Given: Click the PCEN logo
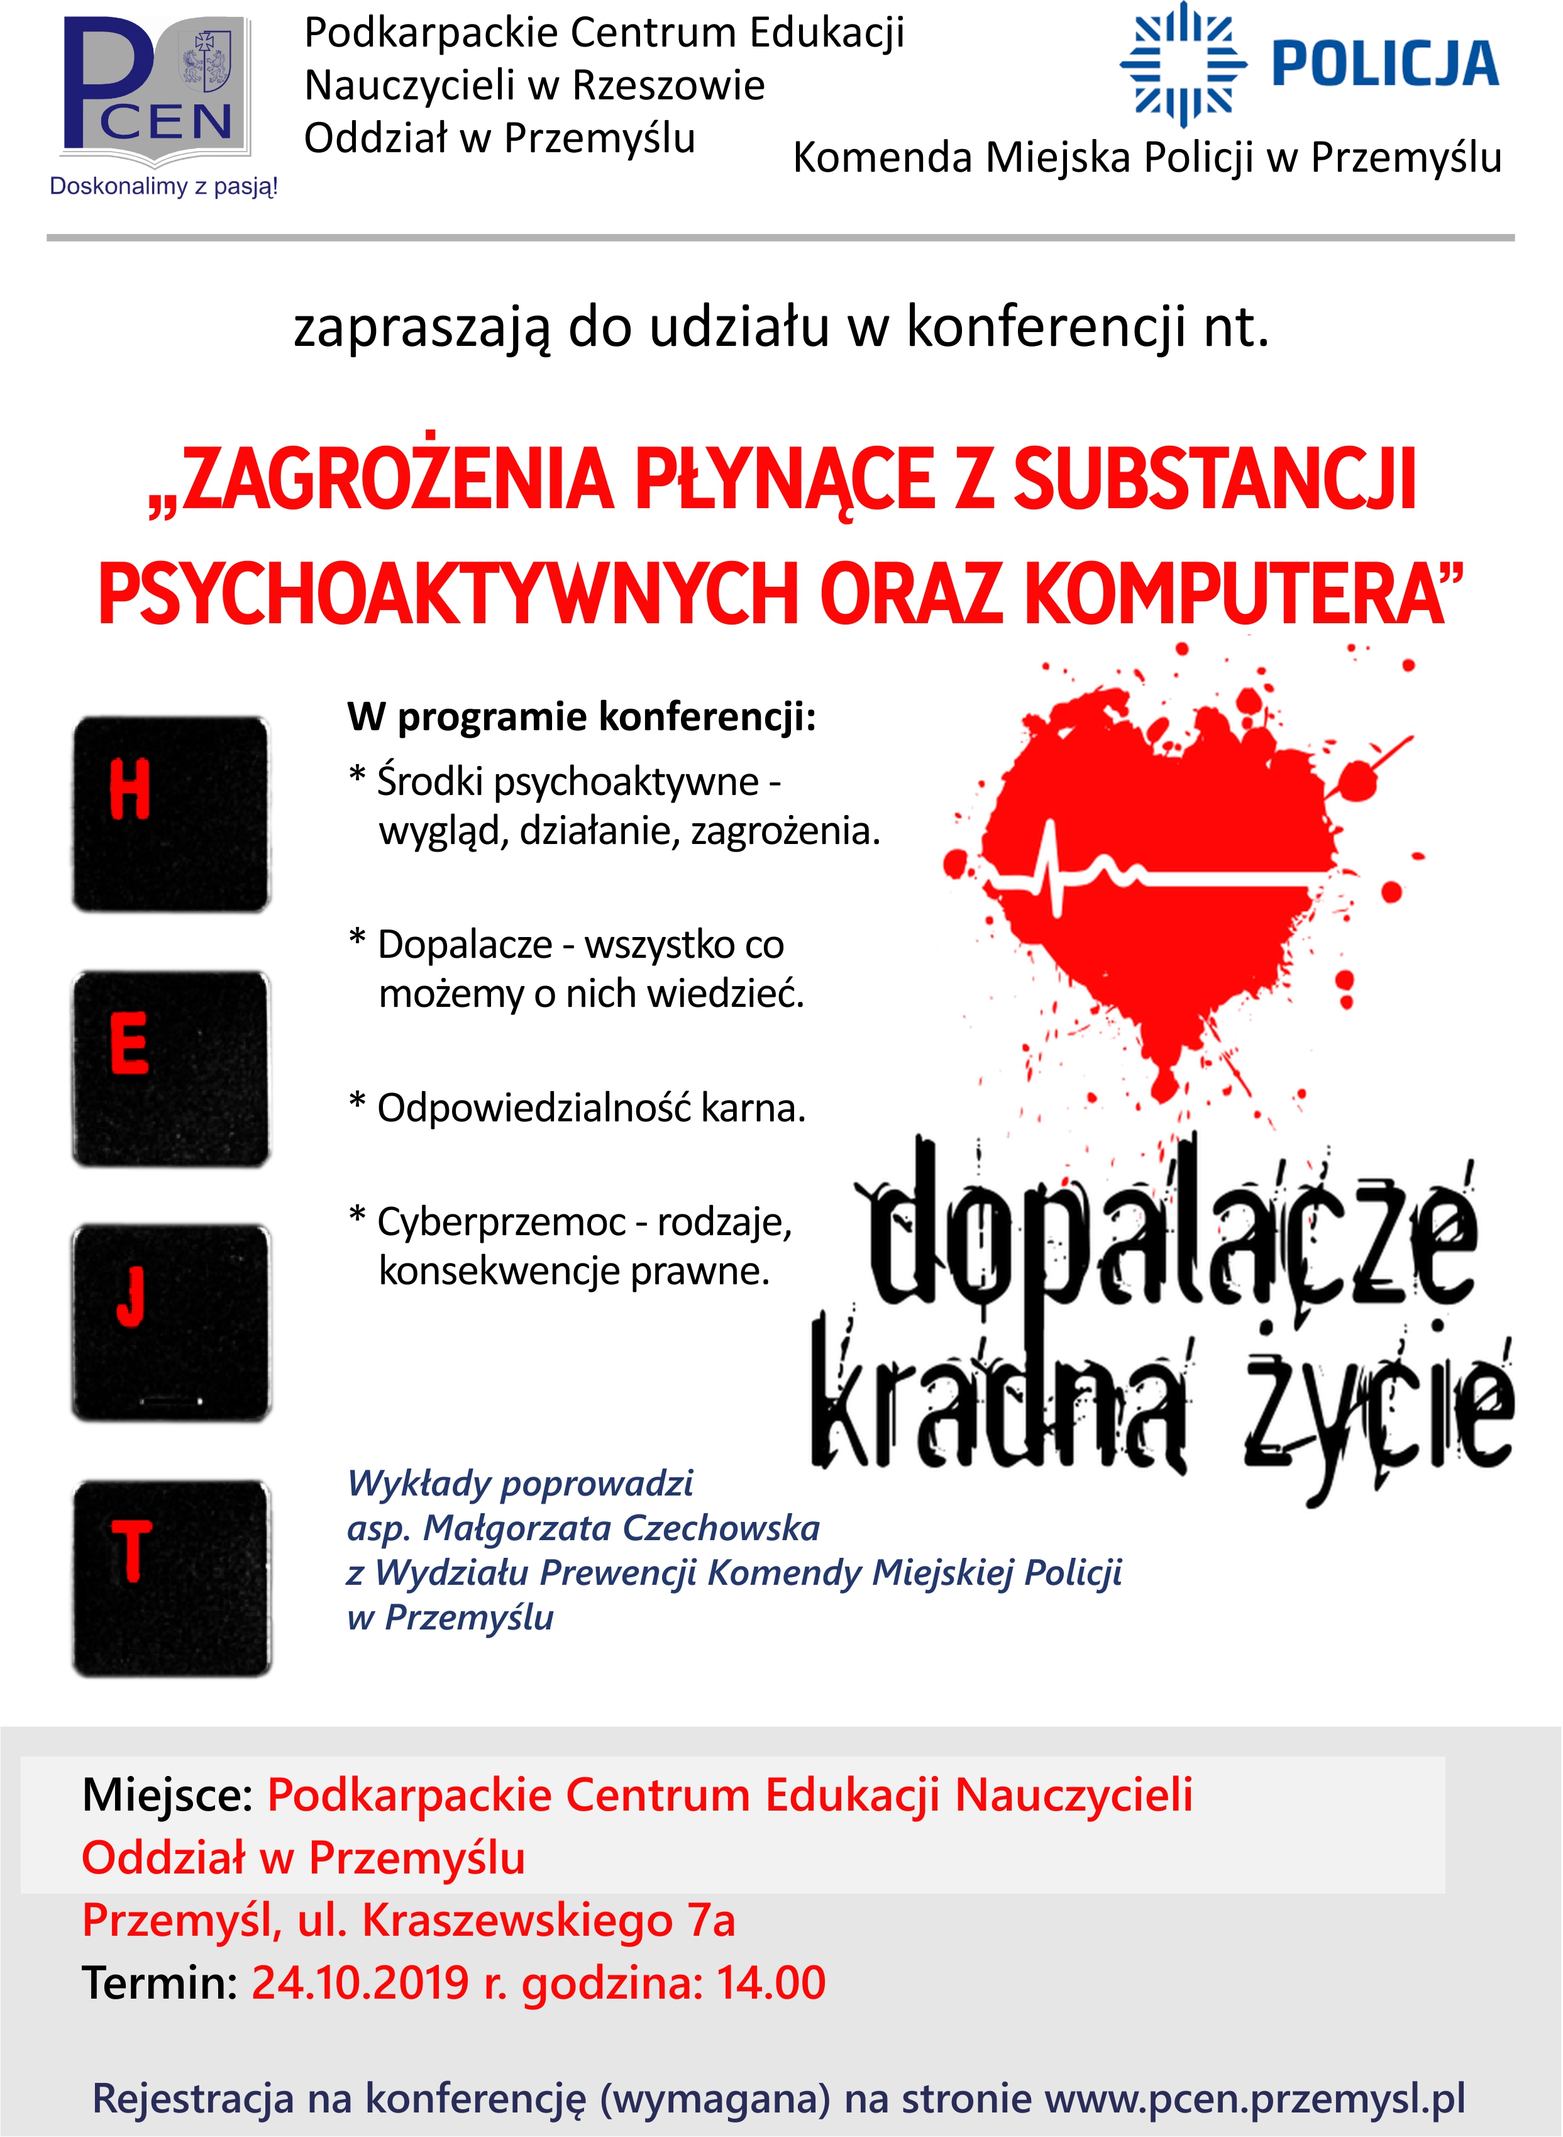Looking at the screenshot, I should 156,87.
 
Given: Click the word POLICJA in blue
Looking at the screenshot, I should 1385,64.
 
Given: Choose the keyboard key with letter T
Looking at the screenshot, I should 171,1578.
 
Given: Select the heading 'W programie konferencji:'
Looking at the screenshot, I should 581,716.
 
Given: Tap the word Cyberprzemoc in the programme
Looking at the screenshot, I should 502,1222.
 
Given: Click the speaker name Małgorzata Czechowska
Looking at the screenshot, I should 621,1528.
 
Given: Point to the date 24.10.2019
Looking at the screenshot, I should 360,1983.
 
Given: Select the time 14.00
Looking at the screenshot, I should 771,1983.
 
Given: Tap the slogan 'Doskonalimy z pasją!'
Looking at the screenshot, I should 163,186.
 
